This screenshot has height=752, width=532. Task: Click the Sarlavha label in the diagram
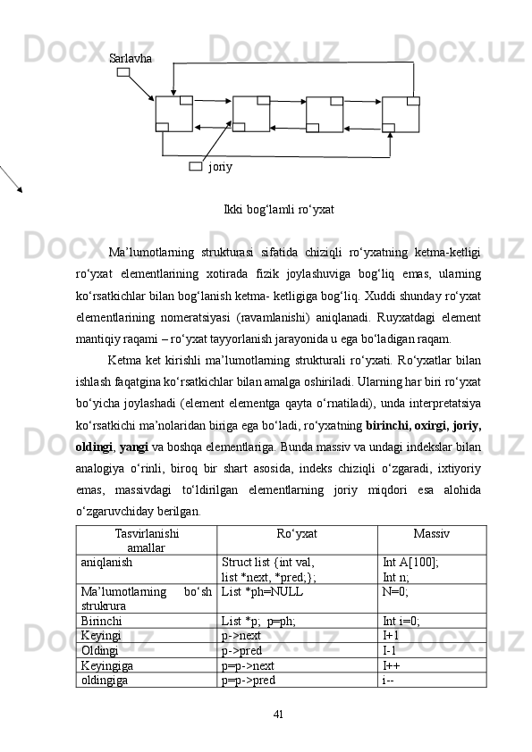130,58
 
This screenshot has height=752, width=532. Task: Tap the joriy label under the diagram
220,166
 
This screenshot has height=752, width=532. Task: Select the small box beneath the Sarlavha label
123,71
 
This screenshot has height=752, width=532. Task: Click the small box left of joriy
196,166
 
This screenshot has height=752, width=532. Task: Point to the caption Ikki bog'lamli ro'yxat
279,209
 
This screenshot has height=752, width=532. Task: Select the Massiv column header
431,533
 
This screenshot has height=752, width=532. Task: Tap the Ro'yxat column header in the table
297,533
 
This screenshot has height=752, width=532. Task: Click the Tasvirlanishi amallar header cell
147,539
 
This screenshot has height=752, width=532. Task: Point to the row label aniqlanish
106,563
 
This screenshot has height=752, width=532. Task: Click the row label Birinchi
102,621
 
